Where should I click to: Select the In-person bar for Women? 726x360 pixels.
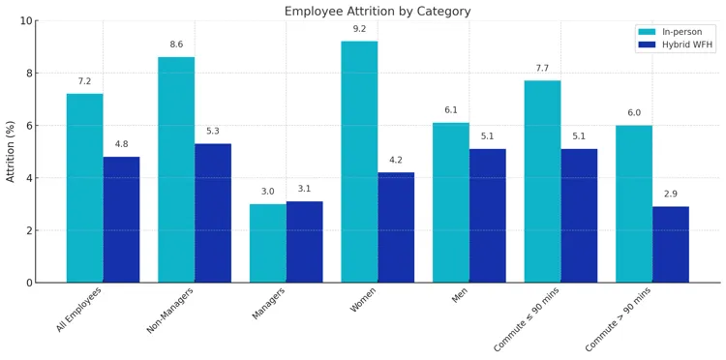click(359, 162)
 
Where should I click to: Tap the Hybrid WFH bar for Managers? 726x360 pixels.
click(304, 242)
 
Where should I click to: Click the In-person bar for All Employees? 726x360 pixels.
click(84, 188)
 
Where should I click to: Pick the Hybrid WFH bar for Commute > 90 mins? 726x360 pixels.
click(671, 244)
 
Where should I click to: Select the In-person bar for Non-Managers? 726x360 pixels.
click(176, 169)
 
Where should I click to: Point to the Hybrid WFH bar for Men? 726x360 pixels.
click(487, 216)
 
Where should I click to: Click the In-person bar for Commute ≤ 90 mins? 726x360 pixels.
click(542, 181)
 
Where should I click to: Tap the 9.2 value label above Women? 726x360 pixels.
click(359, 29)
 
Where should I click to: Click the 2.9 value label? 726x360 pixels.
click(671, 195)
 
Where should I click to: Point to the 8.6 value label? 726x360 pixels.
click(176, 45)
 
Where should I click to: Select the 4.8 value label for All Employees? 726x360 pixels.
click(121, 144)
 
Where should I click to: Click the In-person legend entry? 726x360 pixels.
click(675, 32)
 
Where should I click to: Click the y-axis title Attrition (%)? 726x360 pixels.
click(12, 151)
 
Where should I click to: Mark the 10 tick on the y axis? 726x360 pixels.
click(26, 20)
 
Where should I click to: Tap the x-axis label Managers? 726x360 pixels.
click(268, 303)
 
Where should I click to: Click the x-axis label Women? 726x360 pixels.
click(363, 300)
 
